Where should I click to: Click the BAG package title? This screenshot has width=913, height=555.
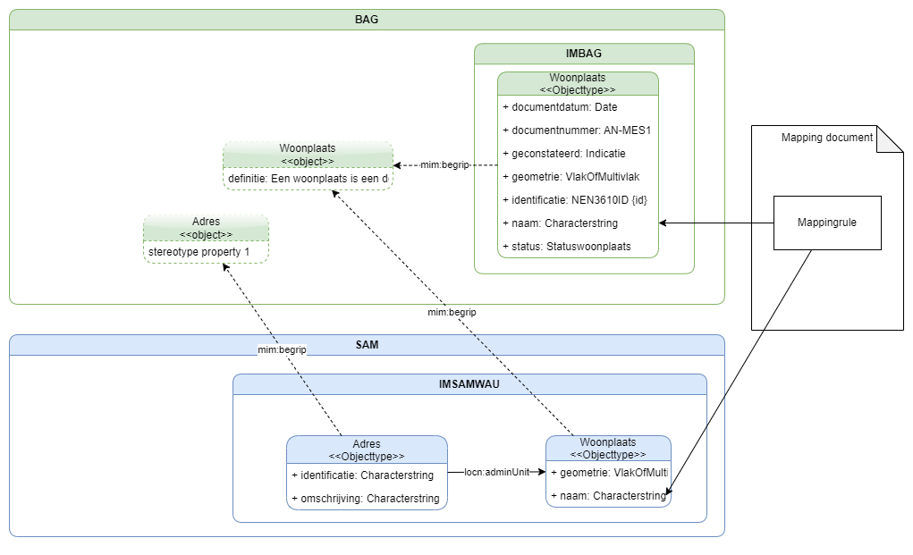click(367, 20)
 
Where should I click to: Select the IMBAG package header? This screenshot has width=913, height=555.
click(584, 55)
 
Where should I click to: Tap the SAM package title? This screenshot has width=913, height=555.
click(367, 345)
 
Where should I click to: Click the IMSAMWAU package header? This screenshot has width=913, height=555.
click(469, 384)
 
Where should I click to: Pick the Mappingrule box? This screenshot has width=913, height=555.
click(826, 223)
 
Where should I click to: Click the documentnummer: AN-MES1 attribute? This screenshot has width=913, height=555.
click(577, 130)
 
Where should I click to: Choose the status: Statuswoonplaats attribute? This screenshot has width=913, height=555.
click(566, 247)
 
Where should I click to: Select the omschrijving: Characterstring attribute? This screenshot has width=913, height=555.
click(366, 499)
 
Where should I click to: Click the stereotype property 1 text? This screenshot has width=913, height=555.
click(199, 253)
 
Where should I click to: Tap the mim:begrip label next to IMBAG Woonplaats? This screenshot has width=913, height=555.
click(444, 165)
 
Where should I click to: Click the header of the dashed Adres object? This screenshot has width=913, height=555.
click(206, 228)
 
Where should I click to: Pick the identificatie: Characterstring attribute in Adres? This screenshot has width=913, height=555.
click(362, 475)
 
